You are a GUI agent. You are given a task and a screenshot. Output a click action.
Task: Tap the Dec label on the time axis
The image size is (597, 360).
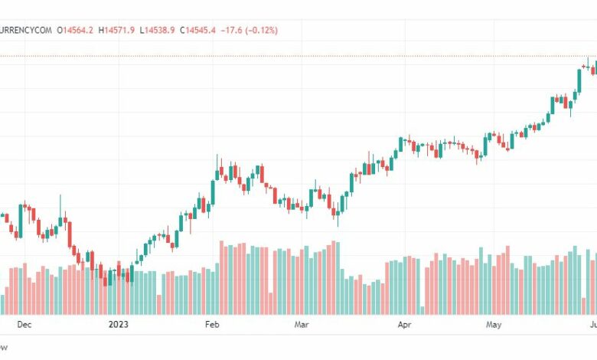point(24,325)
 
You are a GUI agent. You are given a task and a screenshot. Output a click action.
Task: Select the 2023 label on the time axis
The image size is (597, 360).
point(118,325)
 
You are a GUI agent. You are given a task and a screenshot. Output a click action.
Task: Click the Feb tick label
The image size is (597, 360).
point(213,325)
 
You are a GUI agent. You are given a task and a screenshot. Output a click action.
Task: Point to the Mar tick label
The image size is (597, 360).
point(302,325)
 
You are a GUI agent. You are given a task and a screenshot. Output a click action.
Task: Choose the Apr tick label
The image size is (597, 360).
point(404,325)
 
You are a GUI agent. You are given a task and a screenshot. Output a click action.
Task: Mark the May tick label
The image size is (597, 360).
point(494,325)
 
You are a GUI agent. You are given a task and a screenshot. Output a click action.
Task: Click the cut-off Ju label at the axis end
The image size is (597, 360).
point(592,325)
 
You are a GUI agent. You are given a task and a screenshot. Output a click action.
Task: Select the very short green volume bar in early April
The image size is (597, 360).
point(422,310)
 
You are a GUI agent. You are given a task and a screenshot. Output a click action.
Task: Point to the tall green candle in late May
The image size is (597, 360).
point(577,80)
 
